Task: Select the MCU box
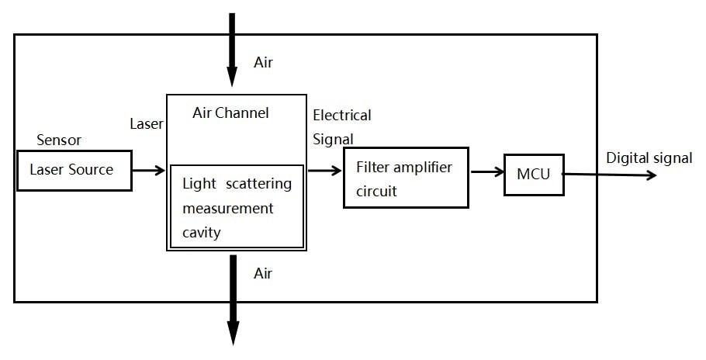click(534, 175)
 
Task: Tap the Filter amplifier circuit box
click(406, 178)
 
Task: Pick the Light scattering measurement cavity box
click(237, 206)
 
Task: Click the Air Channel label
click(230, 113)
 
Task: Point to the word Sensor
click(59, 140)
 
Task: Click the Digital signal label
click(649, 158)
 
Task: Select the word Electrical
click(342, 116)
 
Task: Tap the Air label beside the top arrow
click(264, 63)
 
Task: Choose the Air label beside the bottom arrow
click(264, 274)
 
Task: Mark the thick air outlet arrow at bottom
click(231, 299)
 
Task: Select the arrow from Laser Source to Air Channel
click(148, 170)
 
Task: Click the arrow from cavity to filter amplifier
click(325, 170)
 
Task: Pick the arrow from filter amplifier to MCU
click(486, 171)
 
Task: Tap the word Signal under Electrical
click(333, 140)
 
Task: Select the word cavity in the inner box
click(202, 232)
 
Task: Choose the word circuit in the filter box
click(377, 191)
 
